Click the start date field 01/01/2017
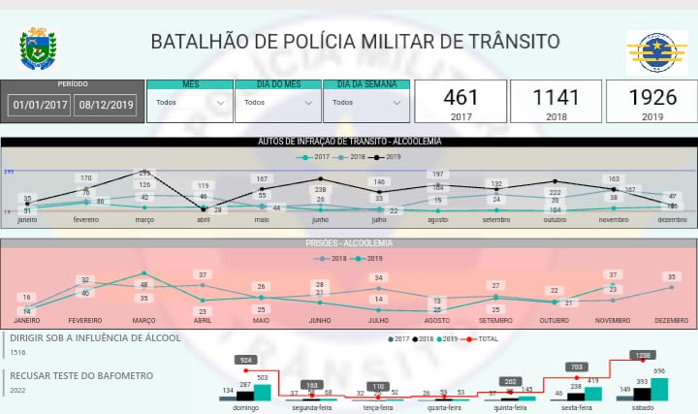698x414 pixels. [40, 104]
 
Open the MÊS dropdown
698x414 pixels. [190, 102]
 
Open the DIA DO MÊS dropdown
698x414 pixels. [278, 102]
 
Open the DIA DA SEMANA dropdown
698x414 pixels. [366, 102]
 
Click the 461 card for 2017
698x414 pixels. [460, 101]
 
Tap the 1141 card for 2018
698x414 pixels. [555, 101]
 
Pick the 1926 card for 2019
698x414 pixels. [651, 101]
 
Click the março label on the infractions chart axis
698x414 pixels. [144, 219]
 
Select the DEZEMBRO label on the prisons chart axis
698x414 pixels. [671, 320]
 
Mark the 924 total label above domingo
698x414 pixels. [246, 360]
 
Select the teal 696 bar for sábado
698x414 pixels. [659, 389]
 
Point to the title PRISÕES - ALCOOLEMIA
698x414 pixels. [349, 244]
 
